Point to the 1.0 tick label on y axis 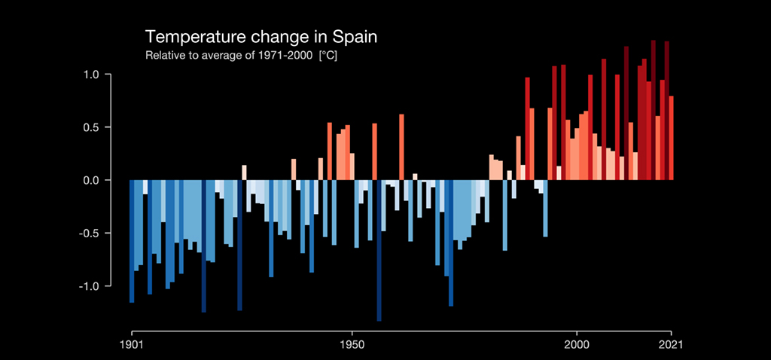[92, 75]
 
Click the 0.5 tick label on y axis [92, 127]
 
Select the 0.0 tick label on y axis [92, 181]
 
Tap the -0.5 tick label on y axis [90, 233]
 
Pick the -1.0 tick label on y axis [90, 286]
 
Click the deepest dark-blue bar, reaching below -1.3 [379, 249]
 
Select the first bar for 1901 [132, 241]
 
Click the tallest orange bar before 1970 [401, 147]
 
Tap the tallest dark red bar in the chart [653, 110]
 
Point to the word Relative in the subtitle [164, 56]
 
